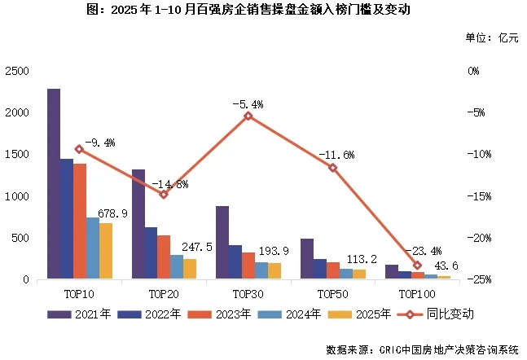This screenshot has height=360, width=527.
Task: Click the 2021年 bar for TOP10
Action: pos(54,184)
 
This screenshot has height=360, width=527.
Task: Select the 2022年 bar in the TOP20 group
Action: pos(151,253)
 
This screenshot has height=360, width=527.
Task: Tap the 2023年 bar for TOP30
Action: pos(248,266)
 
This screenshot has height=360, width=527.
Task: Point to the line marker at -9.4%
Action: pos(79,149)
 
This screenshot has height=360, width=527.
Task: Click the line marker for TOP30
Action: pos(248,116)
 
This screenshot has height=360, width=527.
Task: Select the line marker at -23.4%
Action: pos(418,266)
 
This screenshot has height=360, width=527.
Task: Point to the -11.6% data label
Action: pos(335,154)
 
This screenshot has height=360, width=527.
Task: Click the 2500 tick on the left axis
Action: pos(15,71)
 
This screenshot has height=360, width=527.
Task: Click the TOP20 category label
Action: pos(164,291)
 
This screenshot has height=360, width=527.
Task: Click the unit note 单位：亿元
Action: pos(491,37)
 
